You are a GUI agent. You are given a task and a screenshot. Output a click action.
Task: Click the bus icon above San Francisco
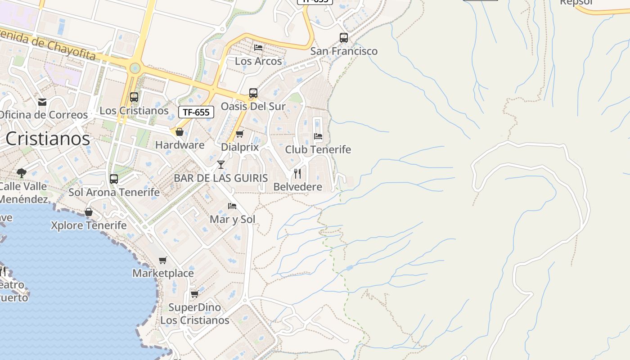[344, 38]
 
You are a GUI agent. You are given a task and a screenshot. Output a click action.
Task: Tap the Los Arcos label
[258, 61]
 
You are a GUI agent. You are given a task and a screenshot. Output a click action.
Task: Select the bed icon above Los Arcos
[258, 47]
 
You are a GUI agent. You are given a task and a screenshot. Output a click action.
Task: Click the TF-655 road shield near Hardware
[196, 112]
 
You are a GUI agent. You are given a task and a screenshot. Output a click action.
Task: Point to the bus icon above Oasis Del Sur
[253, 93]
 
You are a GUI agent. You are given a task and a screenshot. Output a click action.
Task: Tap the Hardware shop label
[180, 145]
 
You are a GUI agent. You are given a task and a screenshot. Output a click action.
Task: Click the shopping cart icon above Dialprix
[240, 134]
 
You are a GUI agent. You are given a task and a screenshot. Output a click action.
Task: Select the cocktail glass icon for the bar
[221, 164]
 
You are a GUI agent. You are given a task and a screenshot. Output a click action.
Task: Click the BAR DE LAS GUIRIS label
[221, 178]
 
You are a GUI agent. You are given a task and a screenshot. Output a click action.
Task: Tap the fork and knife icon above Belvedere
[297, 173]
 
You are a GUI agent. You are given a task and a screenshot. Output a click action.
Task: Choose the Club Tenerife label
[318, 149]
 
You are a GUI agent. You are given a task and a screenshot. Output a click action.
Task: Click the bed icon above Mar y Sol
[232, 206]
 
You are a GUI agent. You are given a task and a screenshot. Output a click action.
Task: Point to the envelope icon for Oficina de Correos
[42, 102]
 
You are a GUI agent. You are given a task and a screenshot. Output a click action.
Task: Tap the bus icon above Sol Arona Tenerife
[114, 179]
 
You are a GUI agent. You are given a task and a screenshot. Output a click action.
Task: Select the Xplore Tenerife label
[89, 225]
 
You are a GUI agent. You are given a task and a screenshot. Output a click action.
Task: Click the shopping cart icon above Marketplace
[163, 260]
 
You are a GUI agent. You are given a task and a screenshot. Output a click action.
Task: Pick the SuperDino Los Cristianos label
[195, 314]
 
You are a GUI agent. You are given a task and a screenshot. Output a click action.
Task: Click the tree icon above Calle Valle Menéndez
[21, 173]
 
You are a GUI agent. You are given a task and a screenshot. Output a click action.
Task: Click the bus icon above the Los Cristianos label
[134, 97]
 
